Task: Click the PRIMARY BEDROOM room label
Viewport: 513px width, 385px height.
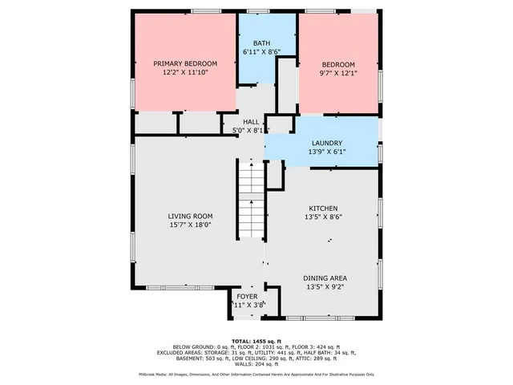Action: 186,63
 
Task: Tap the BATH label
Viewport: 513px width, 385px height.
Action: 261,43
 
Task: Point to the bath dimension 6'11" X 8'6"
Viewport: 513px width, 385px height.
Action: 261,52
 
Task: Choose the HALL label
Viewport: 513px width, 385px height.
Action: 251,121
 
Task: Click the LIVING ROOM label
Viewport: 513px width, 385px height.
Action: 190,216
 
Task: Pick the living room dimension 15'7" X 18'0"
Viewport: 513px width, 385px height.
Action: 190,225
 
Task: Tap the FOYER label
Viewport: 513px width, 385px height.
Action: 248,295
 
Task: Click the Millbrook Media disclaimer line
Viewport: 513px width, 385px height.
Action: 256,374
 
